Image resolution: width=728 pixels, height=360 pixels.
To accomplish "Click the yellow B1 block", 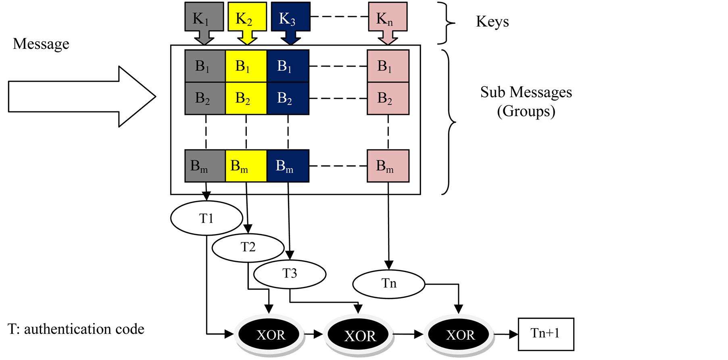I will (246, 66).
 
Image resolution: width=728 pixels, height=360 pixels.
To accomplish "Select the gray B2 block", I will (205, 98).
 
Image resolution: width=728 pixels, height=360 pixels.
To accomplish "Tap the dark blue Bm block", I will (288, 166).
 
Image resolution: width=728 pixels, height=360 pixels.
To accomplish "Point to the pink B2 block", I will (388, 98).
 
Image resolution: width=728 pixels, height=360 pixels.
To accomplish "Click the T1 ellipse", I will (207, 218).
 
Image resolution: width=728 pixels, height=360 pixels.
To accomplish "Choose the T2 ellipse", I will (248, 247).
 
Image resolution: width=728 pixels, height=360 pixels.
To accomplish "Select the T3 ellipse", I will (290, 274).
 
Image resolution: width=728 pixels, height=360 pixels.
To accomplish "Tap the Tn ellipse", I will (389, 283).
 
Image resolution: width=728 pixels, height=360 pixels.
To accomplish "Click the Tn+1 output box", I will (546, 334).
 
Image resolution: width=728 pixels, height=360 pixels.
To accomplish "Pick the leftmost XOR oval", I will (270, 335).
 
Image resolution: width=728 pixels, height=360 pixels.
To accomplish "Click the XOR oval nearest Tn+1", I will (460, 335).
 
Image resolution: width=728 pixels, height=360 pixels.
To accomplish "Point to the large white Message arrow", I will (81, 97).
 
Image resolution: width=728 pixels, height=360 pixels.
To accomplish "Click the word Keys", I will (492, 21).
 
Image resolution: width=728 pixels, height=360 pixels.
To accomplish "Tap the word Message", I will (41, 44).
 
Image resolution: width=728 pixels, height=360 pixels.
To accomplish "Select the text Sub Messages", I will (526, 92).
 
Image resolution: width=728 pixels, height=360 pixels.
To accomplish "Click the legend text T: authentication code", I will (76, 329).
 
